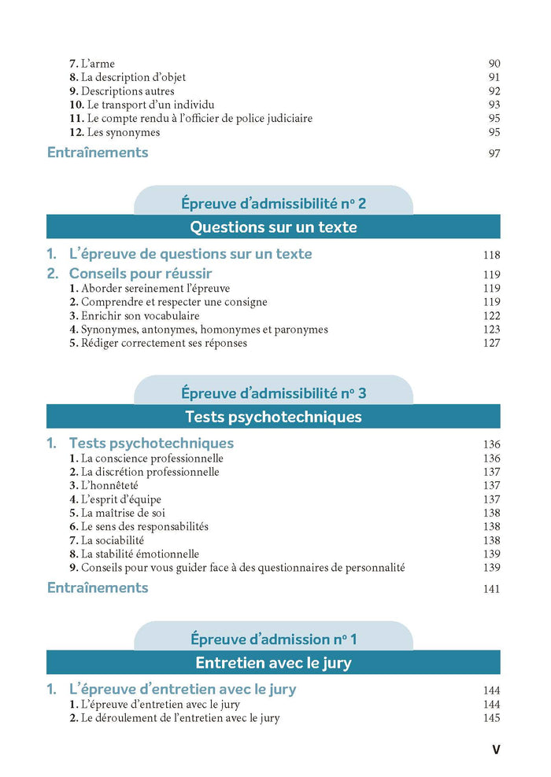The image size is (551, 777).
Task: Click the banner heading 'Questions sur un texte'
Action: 273,227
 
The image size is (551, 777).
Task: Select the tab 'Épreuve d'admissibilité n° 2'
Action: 273,204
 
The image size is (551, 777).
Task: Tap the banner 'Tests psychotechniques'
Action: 273,417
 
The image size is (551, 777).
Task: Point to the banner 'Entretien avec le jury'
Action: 273,662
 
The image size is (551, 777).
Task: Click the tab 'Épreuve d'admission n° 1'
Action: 273,639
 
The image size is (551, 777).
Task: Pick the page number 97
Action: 494,153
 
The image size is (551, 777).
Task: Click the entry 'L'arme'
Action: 98,64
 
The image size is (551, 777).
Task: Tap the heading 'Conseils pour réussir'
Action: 140,274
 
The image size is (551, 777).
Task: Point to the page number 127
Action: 491,343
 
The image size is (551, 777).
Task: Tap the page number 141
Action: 491,589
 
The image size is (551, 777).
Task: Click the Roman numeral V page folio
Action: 495,749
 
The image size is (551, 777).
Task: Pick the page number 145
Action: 491,719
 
